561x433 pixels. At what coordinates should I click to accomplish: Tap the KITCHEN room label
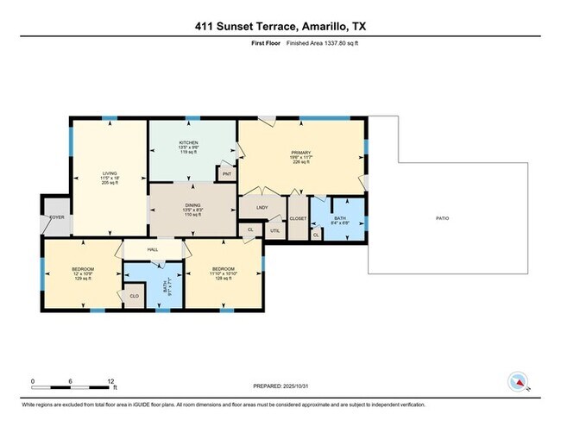[188, 142]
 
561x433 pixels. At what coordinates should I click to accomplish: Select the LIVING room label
[108, 173]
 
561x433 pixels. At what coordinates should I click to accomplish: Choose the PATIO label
[442, 217]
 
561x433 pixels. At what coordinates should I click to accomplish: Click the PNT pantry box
[227, 174]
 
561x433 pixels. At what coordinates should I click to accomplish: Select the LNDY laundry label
[262, 209]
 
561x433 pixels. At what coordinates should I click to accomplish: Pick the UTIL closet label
[275, 230]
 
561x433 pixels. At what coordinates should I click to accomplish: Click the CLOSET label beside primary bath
[298, 219]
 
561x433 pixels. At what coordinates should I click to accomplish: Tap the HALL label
[152, 249]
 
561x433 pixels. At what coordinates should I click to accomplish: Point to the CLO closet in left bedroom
[135, 296]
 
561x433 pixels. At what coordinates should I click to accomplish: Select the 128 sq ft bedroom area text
[224, 279]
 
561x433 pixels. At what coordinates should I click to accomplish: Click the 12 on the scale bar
[111, 380]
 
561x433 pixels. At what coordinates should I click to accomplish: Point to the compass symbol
[518, 382]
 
